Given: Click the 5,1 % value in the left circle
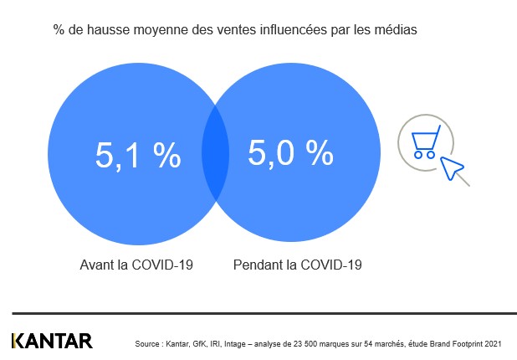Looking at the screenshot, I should pyautogui.click(x=138, y=155).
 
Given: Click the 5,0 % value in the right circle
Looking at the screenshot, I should pyautogui.click(x=290, y=152).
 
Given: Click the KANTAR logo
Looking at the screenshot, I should pyautogui.click(x=52, y=341).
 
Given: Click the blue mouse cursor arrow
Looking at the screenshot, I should pyautogui.click(x=453, y=168).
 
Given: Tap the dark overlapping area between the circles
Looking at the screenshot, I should pyautogui.click(x=215, y=152).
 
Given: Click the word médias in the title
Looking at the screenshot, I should pyautogui.click(x=396, y=30).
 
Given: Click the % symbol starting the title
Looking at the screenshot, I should pyautogui.click(x=59, y=30).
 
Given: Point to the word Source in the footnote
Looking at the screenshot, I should pyautogui.click(x=148, y=343).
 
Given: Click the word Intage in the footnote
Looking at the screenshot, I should pyautogui.click(x=237, y=343).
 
